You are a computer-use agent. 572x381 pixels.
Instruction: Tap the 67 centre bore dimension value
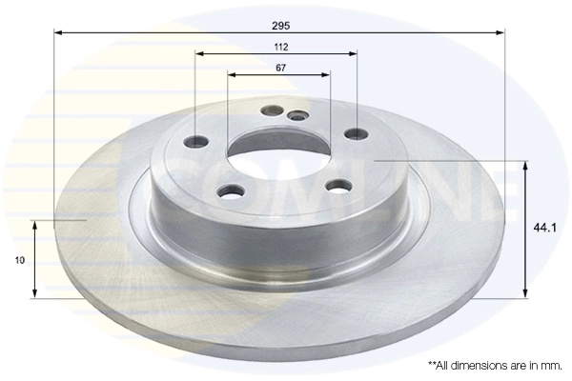tap(279, 68)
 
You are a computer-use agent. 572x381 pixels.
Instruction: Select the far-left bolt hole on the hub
tap(196, 142)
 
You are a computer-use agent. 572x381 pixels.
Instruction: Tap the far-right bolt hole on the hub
tap(356, 135)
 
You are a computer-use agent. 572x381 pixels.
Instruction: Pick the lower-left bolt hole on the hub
tap(229, 192)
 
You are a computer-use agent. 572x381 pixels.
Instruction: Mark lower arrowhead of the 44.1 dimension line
tap(524, 292)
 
